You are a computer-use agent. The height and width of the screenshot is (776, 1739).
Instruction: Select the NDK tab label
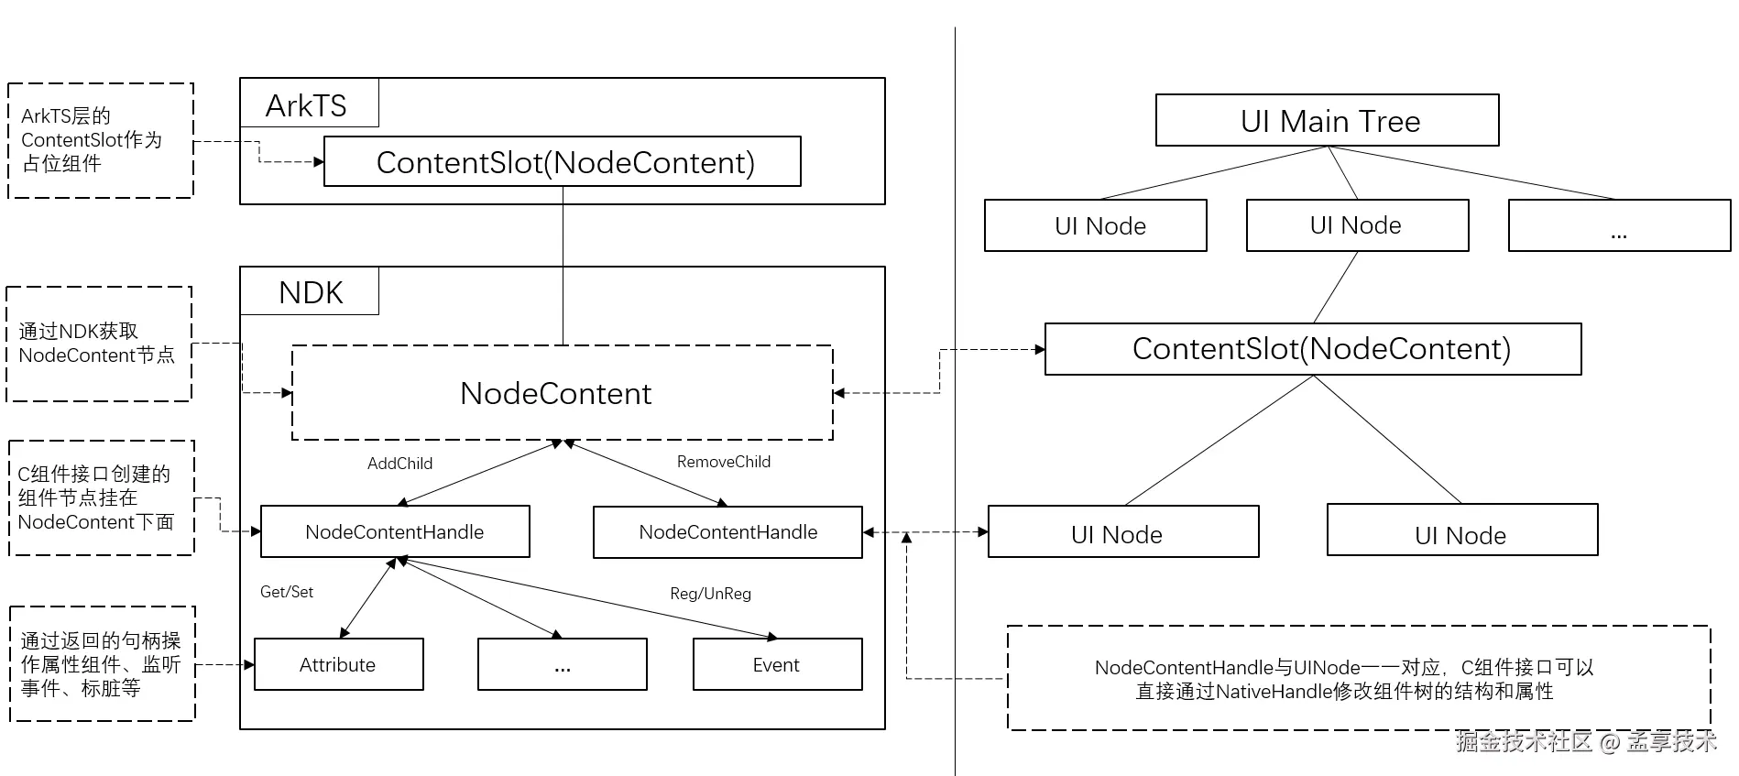(x=310, y=292)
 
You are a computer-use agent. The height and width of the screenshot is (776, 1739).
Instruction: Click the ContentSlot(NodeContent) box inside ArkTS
(x=563, y=162)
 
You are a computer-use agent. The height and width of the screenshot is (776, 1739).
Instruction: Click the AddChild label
(x=399, y=464)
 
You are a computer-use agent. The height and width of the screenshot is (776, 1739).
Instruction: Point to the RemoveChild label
(x=723, y=462)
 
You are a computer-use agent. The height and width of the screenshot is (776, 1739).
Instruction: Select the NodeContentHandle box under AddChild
(x=395, y=532)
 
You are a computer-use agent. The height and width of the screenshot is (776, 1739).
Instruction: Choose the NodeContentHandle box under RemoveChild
(x=727, y=532)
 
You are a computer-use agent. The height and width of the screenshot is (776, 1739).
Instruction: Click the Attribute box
(x=338, y=665)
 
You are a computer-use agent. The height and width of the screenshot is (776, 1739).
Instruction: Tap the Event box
(x=777, y=665)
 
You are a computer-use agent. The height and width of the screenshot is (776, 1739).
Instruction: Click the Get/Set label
(x=287, y=592)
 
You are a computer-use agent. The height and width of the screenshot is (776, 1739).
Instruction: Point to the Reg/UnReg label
(x=710, y=594)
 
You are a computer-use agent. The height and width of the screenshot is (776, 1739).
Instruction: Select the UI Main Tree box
(x=1328, y=121)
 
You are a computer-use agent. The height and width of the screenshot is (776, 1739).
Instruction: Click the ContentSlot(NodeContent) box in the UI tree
(x=1313, y=349)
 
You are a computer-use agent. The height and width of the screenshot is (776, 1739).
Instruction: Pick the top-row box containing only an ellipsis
(x=1619, y=226)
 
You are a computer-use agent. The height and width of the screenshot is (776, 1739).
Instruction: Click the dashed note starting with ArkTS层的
(x=101, y=140)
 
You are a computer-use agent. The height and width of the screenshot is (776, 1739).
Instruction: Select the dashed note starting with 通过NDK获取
(x=99, y=344)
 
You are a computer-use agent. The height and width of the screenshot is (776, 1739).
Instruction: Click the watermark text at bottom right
(x=1586, y=741)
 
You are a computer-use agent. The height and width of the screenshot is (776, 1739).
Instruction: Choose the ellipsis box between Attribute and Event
(x=562, y=665)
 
